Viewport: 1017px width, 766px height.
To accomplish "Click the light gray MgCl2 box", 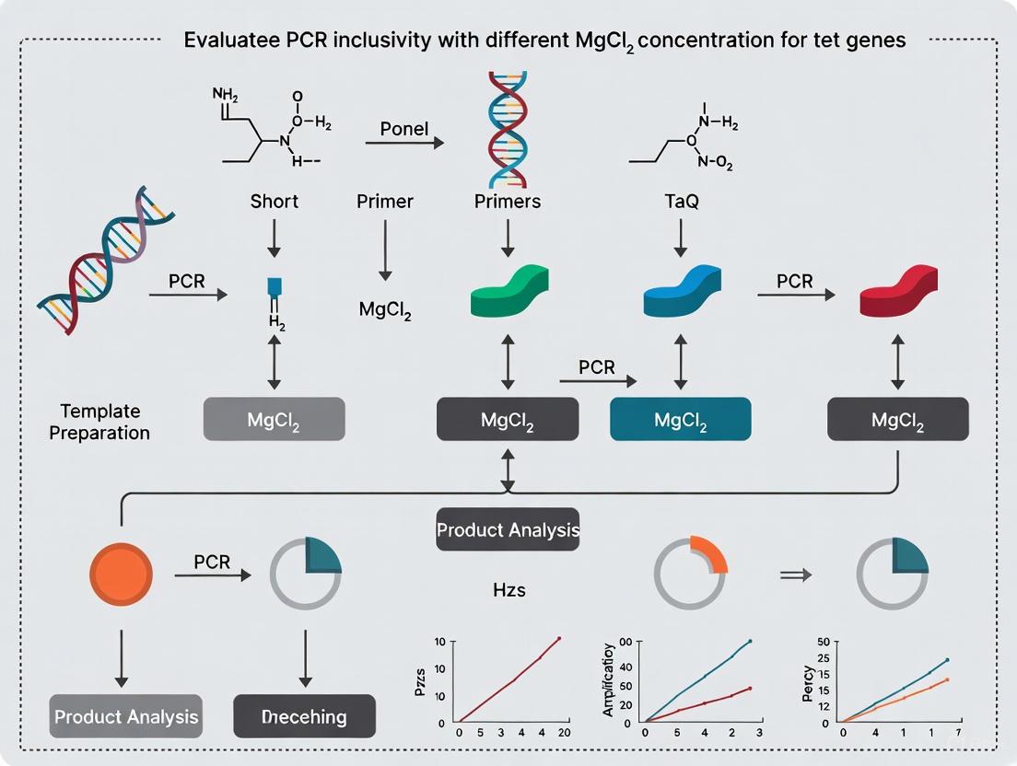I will click(274, 419).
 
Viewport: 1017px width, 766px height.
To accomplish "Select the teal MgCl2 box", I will click(681, 420).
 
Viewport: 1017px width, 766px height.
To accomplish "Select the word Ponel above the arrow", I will click(404, 128).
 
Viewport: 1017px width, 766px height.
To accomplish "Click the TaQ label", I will click(681, 202).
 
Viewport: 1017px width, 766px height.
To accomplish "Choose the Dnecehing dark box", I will click(305, 715).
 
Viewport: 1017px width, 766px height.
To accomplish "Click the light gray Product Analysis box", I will click(126, 715).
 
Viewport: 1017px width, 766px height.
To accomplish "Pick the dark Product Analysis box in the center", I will click(508, 529).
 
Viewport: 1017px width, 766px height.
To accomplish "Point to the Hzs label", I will click(508, 589).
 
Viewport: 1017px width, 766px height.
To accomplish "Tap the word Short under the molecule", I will click(274, 202).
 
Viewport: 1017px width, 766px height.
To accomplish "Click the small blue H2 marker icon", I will click(274, 287).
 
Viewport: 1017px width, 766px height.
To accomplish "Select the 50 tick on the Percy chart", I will click(824, 641).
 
